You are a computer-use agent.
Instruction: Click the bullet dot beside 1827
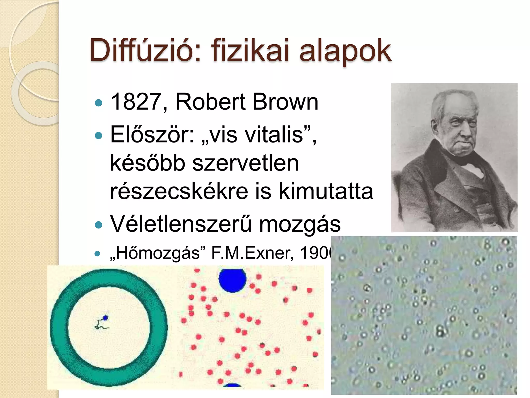pyautogui.click(x=99, y=103)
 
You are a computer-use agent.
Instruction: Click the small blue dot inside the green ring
pyautogui.click(x=105, y=318)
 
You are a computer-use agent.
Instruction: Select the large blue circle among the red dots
pyautogui.click(x=232, y=280)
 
